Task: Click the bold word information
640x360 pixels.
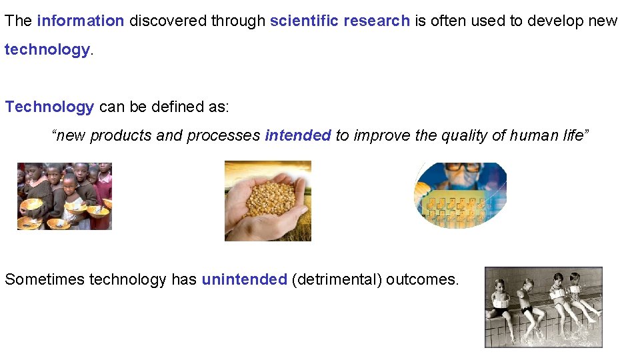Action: (81, 21)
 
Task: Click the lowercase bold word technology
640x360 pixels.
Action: (47, 50)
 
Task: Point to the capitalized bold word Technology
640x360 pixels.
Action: (49, 107)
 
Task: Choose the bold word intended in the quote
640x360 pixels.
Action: (297, 136)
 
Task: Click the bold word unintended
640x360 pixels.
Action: (244, 279)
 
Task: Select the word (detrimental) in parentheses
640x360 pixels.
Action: (337, 279)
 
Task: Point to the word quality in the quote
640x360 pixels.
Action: (465, 136)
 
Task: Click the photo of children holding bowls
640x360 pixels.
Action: (65, 196)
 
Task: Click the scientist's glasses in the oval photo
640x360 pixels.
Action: (465, 167)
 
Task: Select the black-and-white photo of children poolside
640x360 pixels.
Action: (543, 307)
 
